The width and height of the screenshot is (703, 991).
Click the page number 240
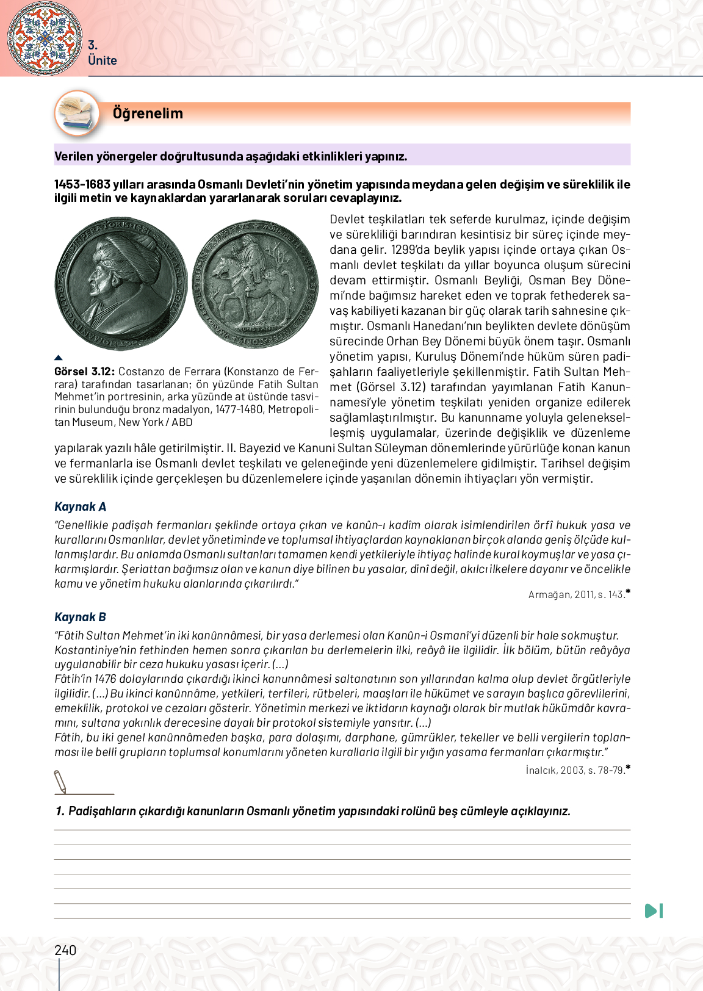click(x=65, y=950)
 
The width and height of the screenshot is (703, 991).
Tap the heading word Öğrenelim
click(x=148, y=114)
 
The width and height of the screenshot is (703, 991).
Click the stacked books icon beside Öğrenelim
click(x=78, y=113)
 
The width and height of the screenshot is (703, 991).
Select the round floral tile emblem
click(x=45, y=38)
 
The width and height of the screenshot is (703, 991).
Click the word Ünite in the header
click(x=103, y=60)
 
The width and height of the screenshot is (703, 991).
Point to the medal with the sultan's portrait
click(x=121, y=284)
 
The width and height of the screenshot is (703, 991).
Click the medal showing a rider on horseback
click(x=256, y=284)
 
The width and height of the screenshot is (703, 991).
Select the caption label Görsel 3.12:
click(x=84, y=372)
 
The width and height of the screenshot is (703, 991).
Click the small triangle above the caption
click(x=59, y=358)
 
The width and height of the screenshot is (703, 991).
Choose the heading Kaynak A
click(x=80, y=506)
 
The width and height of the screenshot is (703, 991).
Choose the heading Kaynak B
click(x=80, y=617)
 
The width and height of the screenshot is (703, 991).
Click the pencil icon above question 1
click(x=60, y=782)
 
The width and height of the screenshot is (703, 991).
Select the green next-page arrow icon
click(x=654, y=910)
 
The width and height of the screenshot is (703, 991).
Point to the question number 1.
click(x=59, y=811)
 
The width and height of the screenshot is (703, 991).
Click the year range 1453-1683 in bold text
click(x=82, y=184)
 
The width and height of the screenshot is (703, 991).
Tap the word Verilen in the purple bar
click(x=73, y=156)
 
